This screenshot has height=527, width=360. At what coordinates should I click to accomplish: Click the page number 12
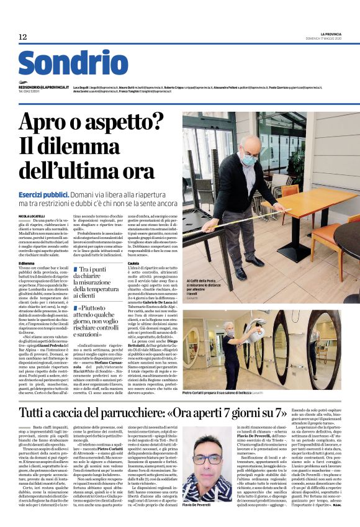(x=23, y=37)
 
